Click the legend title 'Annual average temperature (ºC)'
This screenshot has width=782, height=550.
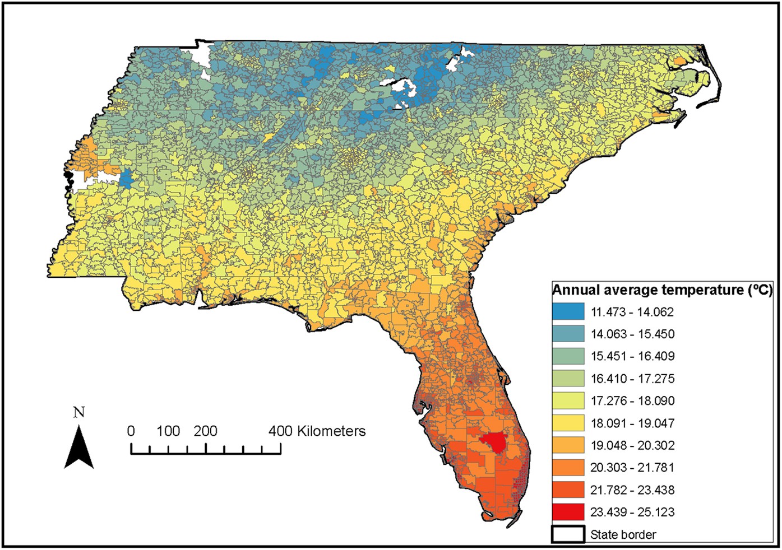[662, 290]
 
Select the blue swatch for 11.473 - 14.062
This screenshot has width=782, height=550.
[568, 311]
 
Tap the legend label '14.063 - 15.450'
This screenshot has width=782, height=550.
[632, 334]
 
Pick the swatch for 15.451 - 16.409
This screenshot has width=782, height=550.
[568, 356]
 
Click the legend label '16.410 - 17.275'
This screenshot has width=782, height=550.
[632, 379]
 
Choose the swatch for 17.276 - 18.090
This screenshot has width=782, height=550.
[568, 400]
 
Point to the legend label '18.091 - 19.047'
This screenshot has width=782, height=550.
[632, 423]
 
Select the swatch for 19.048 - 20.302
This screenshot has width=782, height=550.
[568, 445]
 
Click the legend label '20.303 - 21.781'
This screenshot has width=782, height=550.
[632, 467]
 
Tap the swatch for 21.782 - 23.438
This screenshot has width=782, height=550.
[568, 490]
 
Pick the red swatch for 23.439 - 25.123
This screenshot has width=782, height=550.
[568, 512]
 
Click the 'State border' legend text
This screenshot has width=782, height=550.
[623, 534]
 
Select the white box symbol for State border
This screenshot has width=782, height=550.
[568, 534]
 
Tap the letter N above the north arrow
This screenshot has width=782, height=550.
[79, 413]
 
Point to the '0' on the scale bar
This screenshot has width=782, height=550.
[131, 431]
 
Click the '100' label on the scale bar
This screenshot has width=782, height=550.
[168, 431]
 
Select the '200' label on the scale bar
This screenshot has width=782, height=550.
[205, 431]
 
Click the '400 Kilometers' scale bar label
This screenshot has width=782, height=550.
[317, 431]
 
